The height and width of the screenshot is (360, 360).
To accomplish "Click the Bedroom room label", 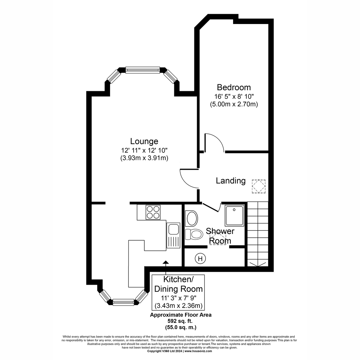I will (x=234, y=87).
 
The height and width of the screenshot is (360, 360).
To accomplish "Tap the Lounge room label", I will (x=144, y=141).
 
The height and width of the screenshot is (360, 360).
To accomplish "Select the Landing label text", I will (x=231, y=181).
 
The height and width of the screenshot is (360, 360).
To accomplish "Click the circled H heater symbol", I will (x=200, y=258).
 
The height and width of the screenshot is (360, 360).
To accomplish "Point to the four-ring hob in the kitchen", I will (x=153, y=212).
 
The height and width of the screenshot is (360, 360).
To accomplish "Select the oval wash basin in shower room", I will (x=191, y=218).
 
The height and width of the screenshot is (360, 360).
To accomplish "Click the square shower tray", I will (x=235, y=216).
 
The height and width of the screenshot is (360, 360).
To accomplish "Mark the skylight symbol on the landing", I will (x=259, y=187).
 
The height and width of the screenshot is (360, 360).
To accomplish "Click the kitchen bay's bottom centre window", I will (x=123, y=302).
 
